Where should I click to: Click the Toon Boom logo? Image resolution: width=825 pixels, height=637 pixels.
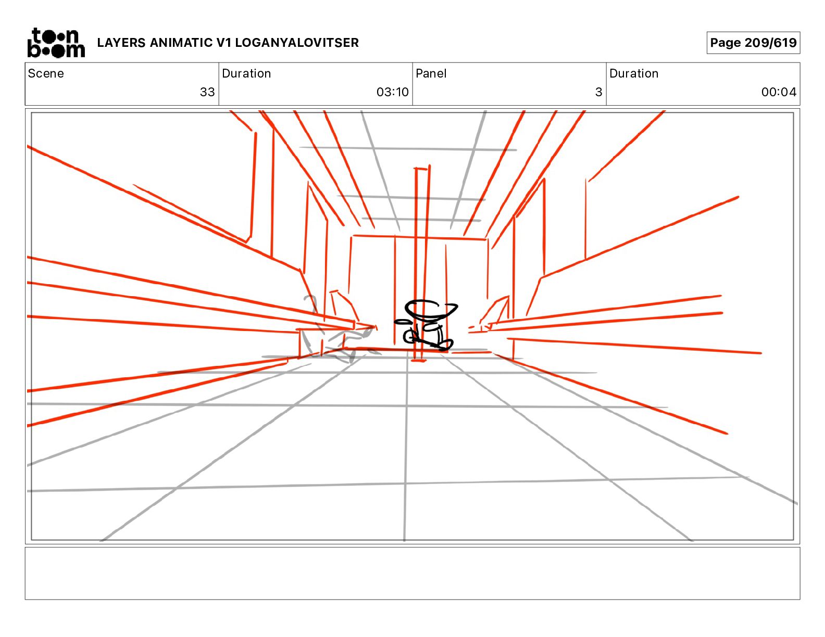click(56, 43)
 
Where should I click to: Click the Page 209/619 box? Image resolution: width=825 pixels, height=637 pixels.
click(753, 43)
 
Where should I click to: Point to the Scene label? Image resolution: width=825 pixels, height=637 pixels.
click(46, 73)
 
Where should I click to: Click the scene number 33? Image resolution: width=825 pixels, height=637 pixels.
click(207, 92)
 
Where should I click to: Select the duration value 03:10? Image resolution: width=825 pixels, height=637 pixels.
click(393, 92)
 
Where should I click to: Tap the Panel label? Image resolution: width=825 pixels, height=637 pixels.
click(431, 73)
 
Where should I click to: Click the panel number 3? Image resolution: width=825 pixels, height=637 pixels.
click(598, 92)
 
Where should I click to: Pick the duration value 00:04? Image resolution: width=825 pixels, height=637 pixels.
click(779, 92)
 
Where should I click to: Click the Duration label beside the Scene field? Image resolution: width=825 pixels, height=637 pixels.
click(246, 73)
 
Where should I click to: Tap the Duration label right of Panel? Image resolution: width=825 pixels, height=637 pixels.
click(634, 73)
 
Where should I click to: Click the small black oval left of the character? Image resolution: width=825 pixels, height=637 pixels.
click(401, 322)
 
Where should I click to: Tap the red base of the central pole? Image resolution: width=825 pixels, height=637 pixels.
click(418, 360)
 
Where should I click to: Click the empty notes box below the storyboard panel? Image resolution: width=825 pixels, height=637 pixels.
click(412, 573)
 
